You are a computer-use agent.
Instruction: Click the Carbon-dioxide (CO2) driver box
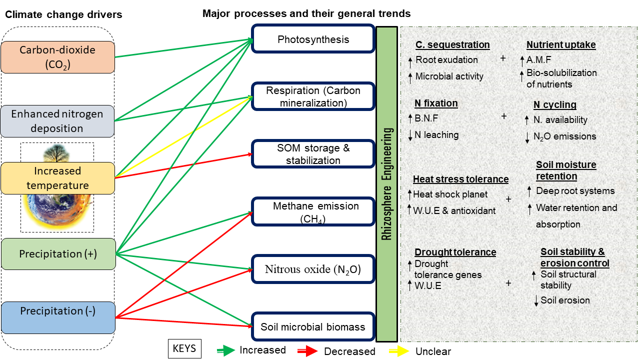[57, 57]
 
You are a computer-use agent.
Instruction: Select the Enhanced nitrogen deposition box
[57, 121]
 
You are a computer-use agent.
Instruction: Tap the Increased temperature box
[57, 178]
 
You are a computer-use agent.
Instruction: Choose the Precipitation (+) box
[57, 254]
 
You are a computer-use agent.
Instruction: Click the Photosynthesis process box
[313, 39]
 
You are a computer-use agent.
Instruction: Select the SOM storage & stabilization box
[313, 154]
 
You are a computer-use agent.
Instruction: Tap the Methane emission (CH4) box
[313, 212]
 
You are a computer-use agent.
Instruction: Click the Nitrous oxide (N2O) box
[313, 270]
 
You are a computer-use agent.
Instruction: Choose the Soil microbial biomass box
[313, 327]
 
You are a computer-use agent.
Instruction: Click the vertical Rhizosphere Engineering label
[387, 184]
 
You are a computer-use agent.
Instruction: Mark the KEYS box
[184, 348]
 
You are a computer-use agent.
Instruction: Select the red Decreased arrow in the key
[308, 351]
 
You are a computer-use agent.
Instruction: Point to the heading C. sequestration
[452, 45]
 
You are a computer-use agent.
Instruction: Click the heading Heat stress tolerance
[460, 179]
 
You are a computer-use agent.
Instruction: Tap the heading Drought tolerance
[455, 252]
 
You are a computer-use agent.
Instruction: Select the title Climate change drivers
[63, 15]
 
